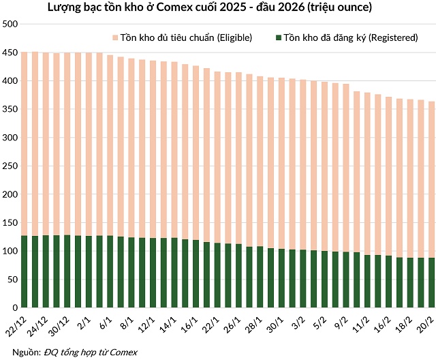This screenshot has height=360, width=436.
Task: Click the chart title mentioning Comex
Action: coord(218,8)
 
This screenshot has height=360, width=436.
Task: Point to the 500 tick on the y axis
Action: coord(10,24)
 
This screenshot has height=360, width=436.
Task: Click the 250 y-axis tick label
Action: coord(10,166)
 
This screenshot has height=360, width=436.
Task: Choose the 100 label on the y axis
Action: coord(10,251)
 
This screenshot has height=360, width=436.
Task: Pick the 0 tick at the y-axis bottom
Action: coord(14,307)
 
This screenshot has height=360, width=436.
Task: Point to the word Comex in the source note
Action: coord(124,352)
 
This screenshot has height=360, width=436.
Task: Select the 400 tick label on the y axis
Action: coord(10,80)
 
